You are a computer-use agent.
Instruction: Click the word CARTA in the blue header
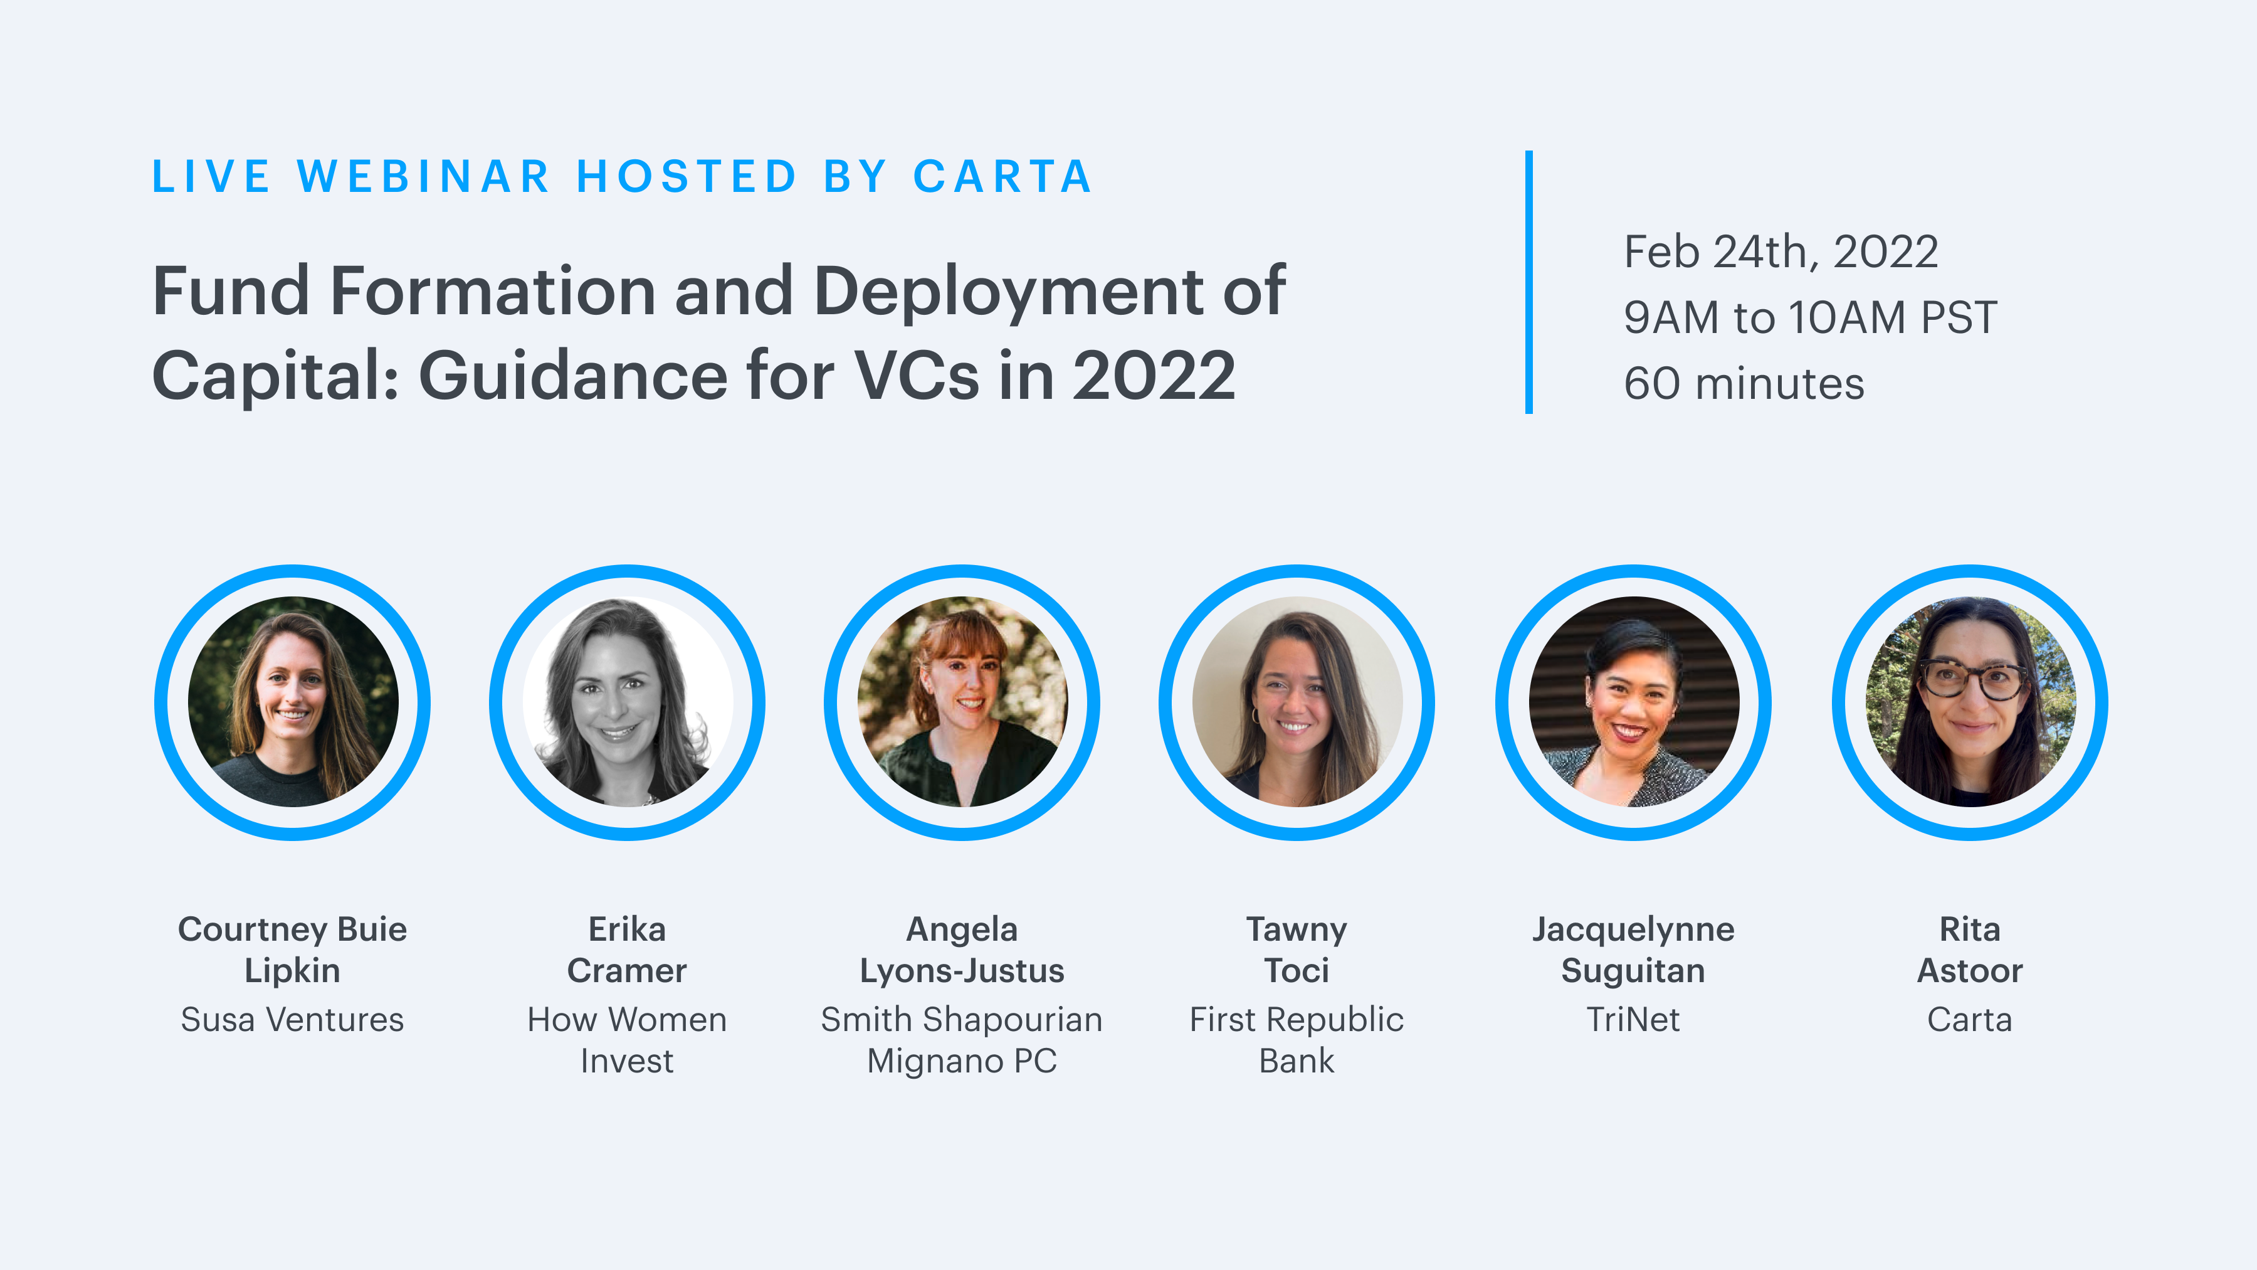click(x=1002, y=176)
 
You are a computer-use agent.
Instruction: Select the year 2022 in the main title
click(x=1154, y=375)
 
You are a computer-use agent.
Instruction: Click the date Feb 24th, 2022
click(x=1781, y=252)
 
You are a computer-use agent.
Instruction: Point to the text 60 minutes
click(x=1744, y=384)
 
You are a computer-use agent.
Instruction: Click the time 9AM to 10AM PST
click(x=1810, y=317)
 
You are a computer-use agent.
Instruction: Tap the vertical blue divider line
click(x=1529, y=282)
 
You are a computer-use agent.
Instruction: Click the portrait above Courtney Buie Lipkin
click(x=293, y=702)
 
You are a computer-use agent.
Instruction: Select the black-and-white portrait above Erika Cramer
click(x=628, y=702)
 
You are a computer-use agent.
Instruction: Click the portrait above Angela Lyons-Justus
click(x=962, y=702)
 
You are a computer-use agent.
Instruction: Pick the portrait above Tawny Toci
click(x=1297, y=702)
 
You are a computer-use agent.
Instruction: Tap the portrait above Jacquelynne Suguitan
click(x=1633, y=702)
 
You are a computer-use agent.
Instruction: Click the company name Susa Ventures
click(x=293, y=1019)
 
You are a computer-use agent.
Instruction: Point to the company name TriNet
click(x=1633, y=1019)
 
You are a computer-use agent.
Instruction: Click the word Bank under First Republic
click(x=1297, y=1061)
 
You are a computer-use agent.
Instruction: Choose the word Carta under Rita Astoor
click(x=1970, y=1019)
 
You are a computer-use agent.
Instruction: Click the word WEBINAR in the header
click(x=424, y=176)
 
